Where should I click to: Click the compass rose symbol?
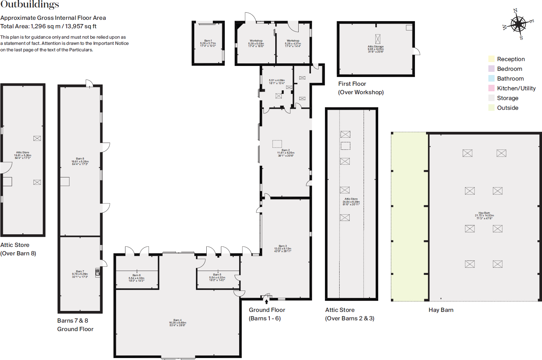tap(518, 24)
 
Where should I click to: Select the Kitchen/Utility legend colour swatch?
tap(491, 88)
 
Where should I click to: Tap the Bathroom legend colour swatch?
tap(491, 78)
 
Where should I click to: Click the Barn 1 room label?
tap(208, 41)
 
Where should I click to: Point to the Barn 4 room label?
tap(177, 320)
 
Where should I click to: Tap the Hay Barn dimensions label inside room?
tap(484, 217)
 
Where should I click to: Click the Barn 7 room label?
tap(80, 271)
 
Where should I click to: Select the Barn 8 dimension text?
tap(80, 163)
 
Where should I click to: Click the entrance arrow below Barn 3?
tap(266, 302)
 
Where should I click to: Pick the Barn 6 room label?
tap(136, 275)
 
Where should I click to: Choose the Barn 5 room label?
tap(217, 275)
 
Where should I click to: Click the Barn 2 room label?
tap(286, 150)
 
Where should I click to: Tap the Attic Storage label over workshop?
tap(376, 46)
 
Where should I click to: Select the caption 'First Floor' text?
tap(352, 84)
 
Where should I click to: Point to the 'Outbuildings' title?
tap(30, 4)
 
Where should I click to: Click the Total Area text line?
tap(48, 26)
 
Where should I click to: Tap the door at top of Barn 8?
tap(89, 84)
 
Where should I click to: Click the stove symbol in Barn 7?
tap(97, 272)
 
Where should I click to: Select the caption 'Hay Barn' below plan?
tap(441, 310)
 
